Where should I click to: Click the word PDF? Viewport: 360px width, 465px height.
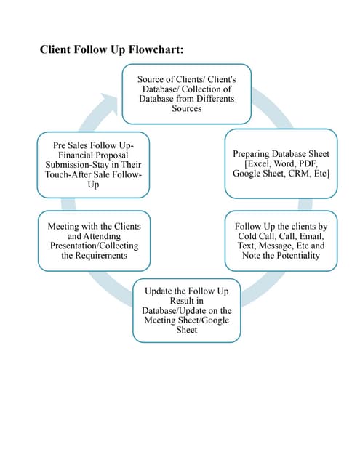tap(315, 164)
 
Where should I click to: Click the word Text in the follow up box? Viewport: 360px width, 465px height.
tap(247, 246)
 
